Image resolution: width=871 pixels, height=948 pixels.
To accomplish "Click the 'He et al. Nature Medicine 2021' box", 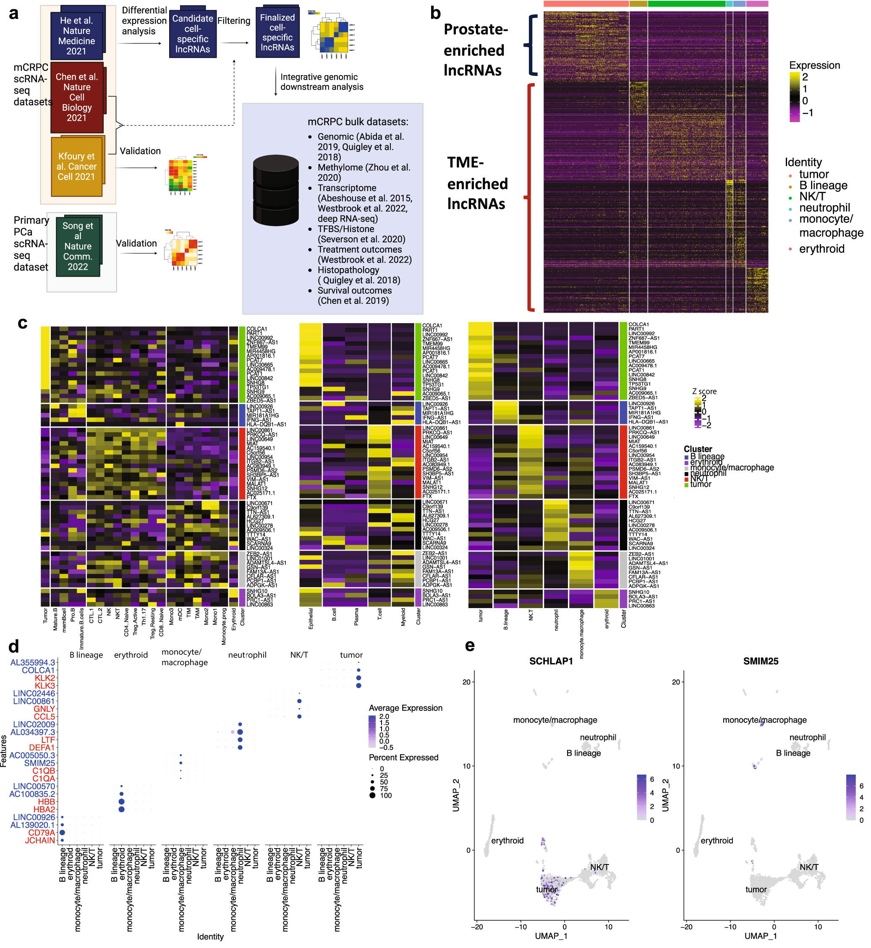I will click(x=76, y=36).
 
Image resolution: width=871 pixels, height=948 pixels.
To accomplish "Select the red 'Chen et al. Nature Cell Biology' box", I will click(x=77, y=97).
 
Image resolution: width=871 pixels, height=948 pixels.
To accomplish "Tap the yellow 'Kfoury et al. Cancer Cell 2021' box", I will click(x=76, y=166).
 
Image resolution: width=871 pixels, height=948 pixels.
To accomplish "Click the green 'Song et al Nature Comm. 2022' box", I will click(x=78, y=246).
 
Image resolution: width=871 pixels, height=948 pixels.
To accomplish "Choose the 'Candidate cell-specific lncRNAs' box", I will click(x=192, y=34).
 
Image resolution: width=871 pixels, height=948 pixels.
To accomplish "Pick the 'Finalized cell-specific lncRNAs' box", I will click(x=277, y=32).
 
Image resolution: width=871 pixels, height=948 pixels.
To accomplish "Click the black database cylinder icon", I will click(x=276, y=191).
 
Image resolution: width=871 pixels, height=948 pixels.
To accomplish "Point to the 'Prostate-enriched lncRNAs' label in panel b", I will click(x=475, y=50).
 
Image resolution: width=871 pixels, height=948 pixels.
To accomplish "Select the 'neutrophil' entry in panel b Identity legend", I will click(x=824, y=208).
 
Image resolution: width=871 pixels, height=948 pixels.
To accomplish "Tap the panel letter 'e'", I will click(x=469, y=645).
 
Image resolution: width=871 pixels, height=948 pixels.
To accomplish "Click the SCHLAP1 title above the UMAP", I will click(x=550, y=661).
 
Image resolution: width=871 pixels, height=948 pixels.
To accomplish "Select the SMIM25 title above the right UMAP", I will click(x=760, y=661).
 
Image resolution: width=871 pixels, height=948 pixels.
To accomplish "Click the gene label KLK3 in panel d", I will click(x=45, y=686).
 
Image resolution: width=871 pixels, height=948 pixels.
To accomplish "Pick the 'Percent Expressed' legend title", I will click(x=403, y=757).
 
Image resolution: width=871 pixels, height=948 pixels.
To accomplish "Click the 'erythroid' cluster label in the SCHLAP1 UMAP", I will click(x=507, y=841).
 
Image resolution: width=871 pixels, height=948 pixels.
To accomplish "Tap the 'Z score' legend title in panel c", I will click(x=704, y=392).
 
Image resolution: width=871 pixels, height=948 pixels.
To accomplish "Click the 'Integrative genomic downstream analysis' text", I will click(x=322, y=81).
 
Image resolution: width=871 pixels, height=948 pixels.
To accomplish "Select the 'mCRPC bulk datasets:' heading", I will click(x=358, y=122).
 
